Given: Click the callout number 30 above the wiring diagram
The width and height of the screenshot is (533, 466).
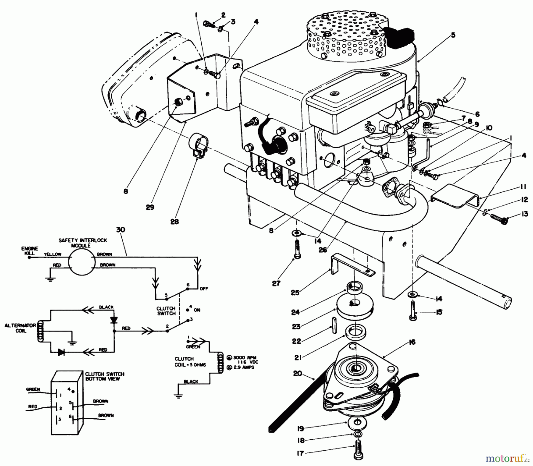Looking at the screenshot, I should [x=121, y=230].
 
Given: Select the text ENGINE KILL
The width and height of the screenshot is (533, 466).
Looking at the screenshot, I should [x=30, y=251].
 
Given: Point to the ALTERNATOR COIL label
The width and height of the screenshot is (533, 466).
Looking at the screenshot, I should [x=20, y=328].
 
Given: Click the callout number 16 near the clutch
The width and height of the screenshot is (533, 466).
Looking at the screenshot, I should [x=412, y=342].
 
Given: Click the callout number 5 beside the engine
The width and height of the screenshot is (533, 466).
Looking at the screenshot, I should [x=453, y=35].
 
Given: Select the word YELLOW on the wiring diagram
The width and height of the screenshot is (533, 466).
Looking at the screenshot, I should [x=52, y=254].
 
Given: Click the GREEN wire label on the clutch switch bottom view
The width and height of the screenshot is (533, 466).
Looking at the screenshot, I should [x=33, y=389].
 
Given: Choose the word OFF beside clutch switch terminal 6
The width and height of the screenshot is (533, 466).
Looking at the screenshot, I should [x=204, y=288].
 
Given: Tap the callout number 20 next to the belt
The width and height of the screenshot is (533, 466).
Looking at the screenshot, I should [x=297, y=374].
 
